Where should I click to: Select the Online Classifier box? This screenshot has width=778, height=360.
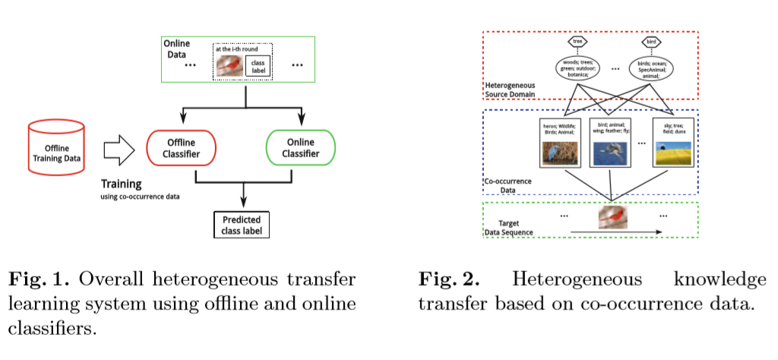coord(300,147)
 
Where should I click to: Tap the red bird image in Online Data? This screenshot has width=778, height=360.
coord(228,66)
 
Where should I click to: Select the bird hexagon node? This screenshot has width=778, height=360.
coord(650,42)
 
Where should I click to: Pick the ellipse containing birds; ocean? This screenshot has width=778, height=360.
coord(651,69)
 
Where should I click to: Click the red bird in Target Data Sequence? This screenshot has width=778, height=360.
coord(612,219)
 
